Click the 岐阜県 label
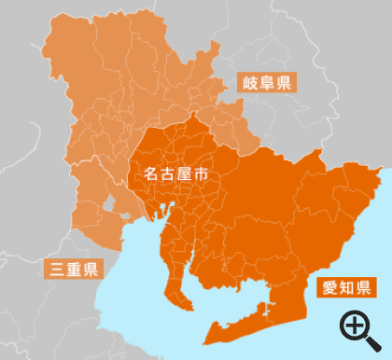tap(268, 83)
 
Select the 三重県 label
tap(73, 270)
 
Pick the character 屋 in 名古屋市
tap(185, 173)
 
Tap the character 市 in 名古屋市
tap(201, 173)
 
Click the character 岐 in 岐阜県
tap(252, 83)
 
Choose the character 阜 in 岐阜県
tap(268, 83)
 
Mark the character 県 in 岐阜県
tap(284, 83)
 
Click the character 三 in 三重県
tap(57, 270)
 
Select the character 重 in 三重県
tap(73, 270)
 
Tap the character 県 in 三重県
tap(89, 270)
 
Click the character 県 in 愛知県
tap(361, 285)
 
